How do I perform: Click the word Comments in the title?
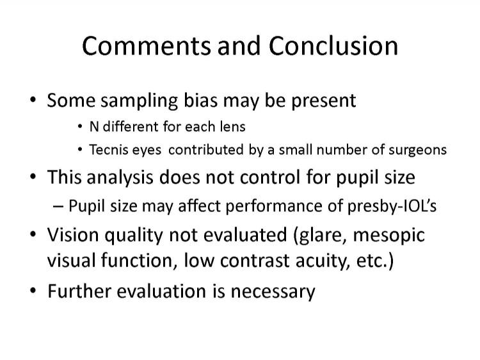147,46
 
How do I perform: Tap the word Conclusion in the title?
333,45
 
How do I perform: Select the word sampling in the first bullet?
140,101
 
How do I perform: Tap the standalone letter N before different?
94,127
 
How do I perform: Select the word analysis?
120,177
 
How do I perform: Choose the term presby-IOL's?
392,206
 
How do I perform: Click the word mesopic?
388,236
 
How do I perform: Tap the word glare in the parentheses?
320,235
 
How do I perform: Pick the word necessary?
273,292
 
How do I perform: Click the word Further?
79,291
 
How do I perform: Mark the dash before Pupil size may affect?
58,206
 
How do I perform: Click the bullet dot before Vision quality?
33,234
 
